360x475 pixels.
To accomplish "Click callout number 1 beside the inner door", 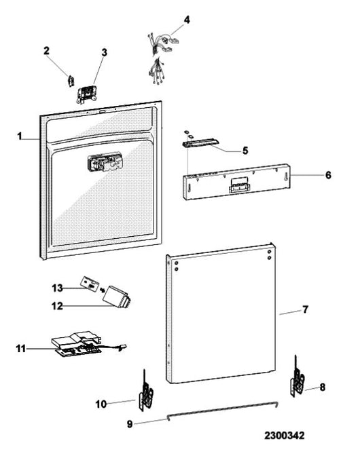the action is tap(20, 136).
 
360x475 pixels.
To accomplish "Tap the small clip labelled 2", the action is tap(71, 81).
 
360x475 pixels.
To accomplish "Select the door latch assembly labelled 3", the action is tap(86, 94).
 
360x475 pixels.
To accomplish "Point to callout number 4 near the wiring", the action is tap(187, 20).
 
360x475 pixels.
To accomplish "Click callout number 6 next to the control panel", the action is tap(329, 175).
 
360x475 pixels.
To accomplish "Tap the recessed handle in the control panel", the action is tap(239, 185).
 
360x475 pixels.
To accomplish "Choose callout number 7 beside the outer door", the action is tap(305, 309).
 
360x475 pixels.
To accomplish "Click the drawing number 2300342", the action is tap(284, 436).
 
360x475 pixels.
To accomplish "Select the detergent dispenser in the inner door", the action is tap(105, 164).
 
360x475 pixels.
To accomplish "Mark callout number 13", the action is tap(57, 288).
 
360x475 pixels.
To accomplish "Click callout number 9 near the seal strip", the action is tap(130, 424).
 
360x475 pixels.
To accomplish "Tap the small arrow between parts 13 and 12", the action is tap(102, 290).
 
